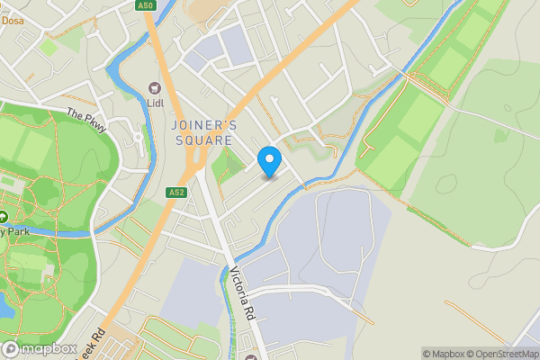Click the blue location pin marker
click(x=268, y=160)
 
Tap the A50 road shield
click(x=145, y=6)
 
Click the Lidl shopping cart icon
click(x=155, y=87)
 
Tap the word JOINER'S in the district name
click(x=203, y=125)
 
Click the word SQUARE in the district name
click(x=203, y=141)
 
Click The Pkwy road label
click(x=86, y=116)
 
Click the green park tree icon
click(x=3, y=217)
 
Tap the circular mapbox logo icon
click(x=11, y=348)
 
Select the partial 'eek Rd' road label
click(x=91, y=341)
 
